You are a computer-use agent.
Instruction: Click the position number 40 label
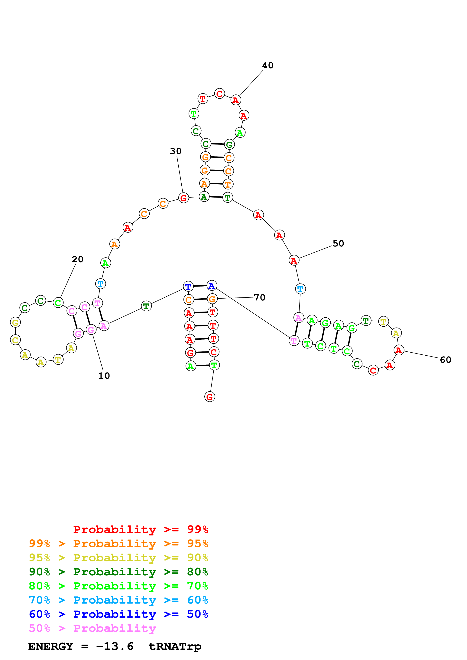pos(268,65)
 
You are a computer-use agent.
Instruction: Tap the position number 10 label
pos(104,376)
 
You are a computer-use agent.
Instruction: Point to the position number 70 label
pos(260,297)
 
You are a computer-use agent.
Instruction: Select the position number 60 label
pos(445,360)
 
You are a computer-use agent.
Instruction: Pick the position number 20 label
pos(77,259)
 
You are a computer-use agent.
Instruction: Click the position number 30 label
pos(176,151)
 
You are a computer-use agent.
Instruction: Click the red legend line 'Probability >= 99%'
pos(140,529)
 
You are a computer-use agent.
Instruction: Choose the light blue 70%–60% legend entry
pos(118,600)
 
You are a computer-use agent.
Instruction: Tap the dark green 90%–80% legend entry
pos(118,572)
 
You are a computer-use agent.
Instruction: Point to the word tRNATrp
pos(175,646)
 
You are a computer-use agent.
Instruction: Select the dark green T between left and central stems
pos(146,306)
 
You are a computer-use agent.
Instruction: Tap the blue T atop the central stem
pos(188,287)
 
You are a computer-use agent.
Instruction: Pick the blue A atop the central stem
pos(212,286)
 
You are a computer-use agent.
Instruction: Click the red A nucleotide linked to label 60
pos(398,350)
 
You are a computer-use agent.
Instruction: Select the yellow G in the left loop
pos(15,322)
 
